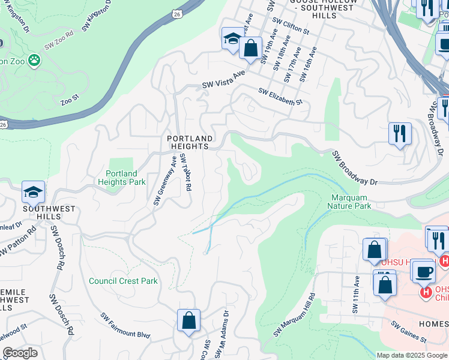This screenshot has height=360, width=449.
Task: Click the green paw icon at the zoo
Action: click(x=35, y=60)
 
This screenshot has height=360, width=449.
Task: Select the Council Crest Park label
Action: click(x=123, y=281)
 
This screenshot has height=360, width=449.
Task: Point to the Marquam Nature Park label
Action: click(x=349, y=201)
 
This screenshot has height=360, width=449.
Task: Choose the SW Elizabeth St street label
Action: click(x=280, y=97)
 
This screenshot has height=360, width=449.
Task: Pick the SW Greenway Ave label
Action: click(x=165, y=181)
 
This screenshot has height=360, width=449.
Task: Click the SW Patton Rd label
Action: click(x=18, y=240)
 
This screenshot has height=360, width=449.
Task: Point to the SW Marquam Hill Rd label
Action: click(x=295, y=316)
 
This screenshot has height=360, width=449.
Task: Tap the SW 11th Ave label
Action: click(x=355, y=295)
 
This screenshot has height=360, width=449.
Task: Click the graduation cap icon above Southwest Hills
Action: click(x=33, y=191)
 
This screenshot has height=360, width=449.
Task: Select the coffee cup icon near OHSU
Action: click(x=423, y=271)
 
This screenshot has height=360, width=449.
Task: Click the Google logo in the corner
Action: click(x=20, y=353)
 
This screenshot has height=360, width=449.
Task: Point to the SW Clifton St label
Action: click(x=291, y=25)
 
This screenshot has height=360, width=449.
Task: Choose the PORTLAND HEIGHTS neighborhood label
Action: click(x=188, y=142)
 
